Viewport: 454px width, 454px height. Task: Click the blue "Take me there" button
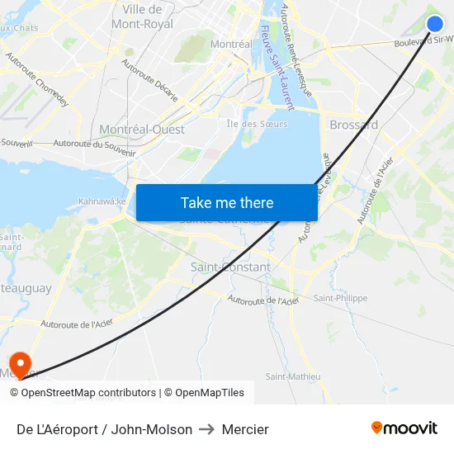click(227, 203)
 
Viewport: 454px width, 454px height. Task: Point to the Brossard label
click(353, 125)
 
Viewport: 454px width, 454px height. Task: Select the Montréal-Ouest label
click(142, 130)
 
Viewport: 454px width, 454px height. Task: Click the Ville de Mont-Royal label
click(142, 17)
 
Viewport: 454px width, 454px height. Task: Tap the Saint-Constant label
click(230, 267)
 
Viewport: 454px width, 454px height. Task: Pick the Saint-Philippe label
click(340, 298)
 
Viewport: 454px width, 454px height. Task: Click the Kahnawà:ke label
click(102, 201)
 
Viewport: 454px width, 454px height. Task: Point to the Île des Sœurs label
click(258, 124)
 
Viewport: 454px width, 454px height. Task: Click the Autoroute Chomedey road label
click(37, 80)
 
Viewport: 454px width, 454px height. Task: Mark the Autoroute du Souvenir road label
click(93, 144)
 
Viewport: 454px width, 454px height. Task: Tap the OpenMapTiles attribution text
click(210, 393)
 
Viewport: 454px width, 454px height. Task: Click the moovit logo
click(404, 428)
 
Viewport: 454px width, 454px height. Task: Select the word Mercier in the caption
click(245, 429)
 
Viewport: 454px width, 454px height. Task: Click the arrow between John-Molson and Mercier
click(207, 429)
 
